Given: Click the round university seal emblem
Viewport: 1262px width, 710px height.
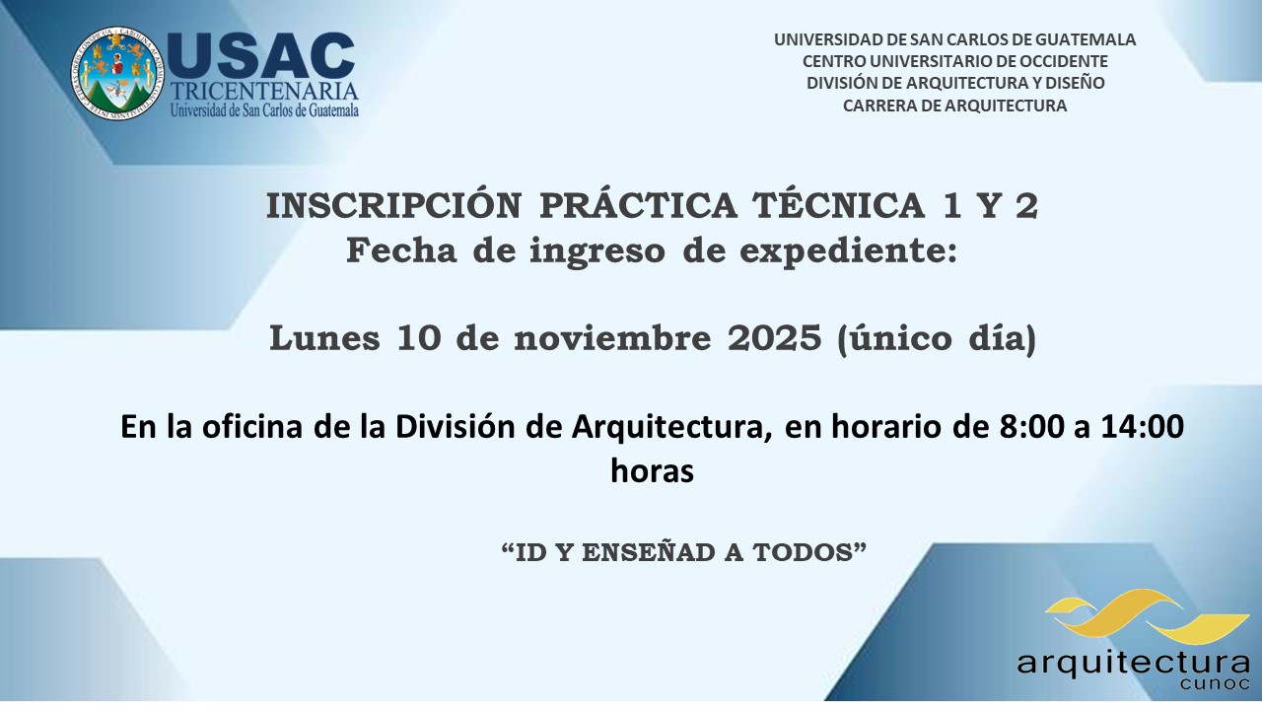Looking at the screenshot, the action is coord(116,73).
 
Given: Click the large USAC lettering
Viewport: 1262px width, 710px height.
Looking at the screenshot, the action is coord(261,56).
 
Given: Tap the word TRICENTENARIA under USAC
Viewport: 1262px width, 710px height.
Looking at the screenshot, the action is coord(264,92).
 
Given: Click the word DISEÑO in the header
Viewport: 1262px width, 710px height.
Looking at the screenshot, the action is coord(1075,82).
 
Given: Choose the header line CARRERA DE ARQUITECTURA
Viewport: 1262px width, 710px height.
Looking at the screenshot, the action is coord(954,106).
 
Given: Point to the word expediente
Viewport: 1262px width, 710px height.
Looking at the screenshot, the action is coord(848,250).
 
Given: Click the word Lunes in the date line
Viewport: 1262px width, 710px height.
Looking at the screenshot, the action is coord(324,338).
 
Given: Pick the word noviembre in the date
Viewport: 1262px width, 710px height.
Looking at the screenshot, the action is coord(612,338).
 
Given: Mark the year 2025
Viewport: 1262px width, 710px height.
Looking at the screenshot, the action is coord(774,338).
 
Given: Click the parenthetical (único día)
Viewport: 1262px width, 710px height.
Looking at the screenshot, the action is coord(937,339).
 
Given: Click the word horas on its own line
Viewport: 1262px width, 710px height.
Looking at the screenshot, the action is coord(652,471).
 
